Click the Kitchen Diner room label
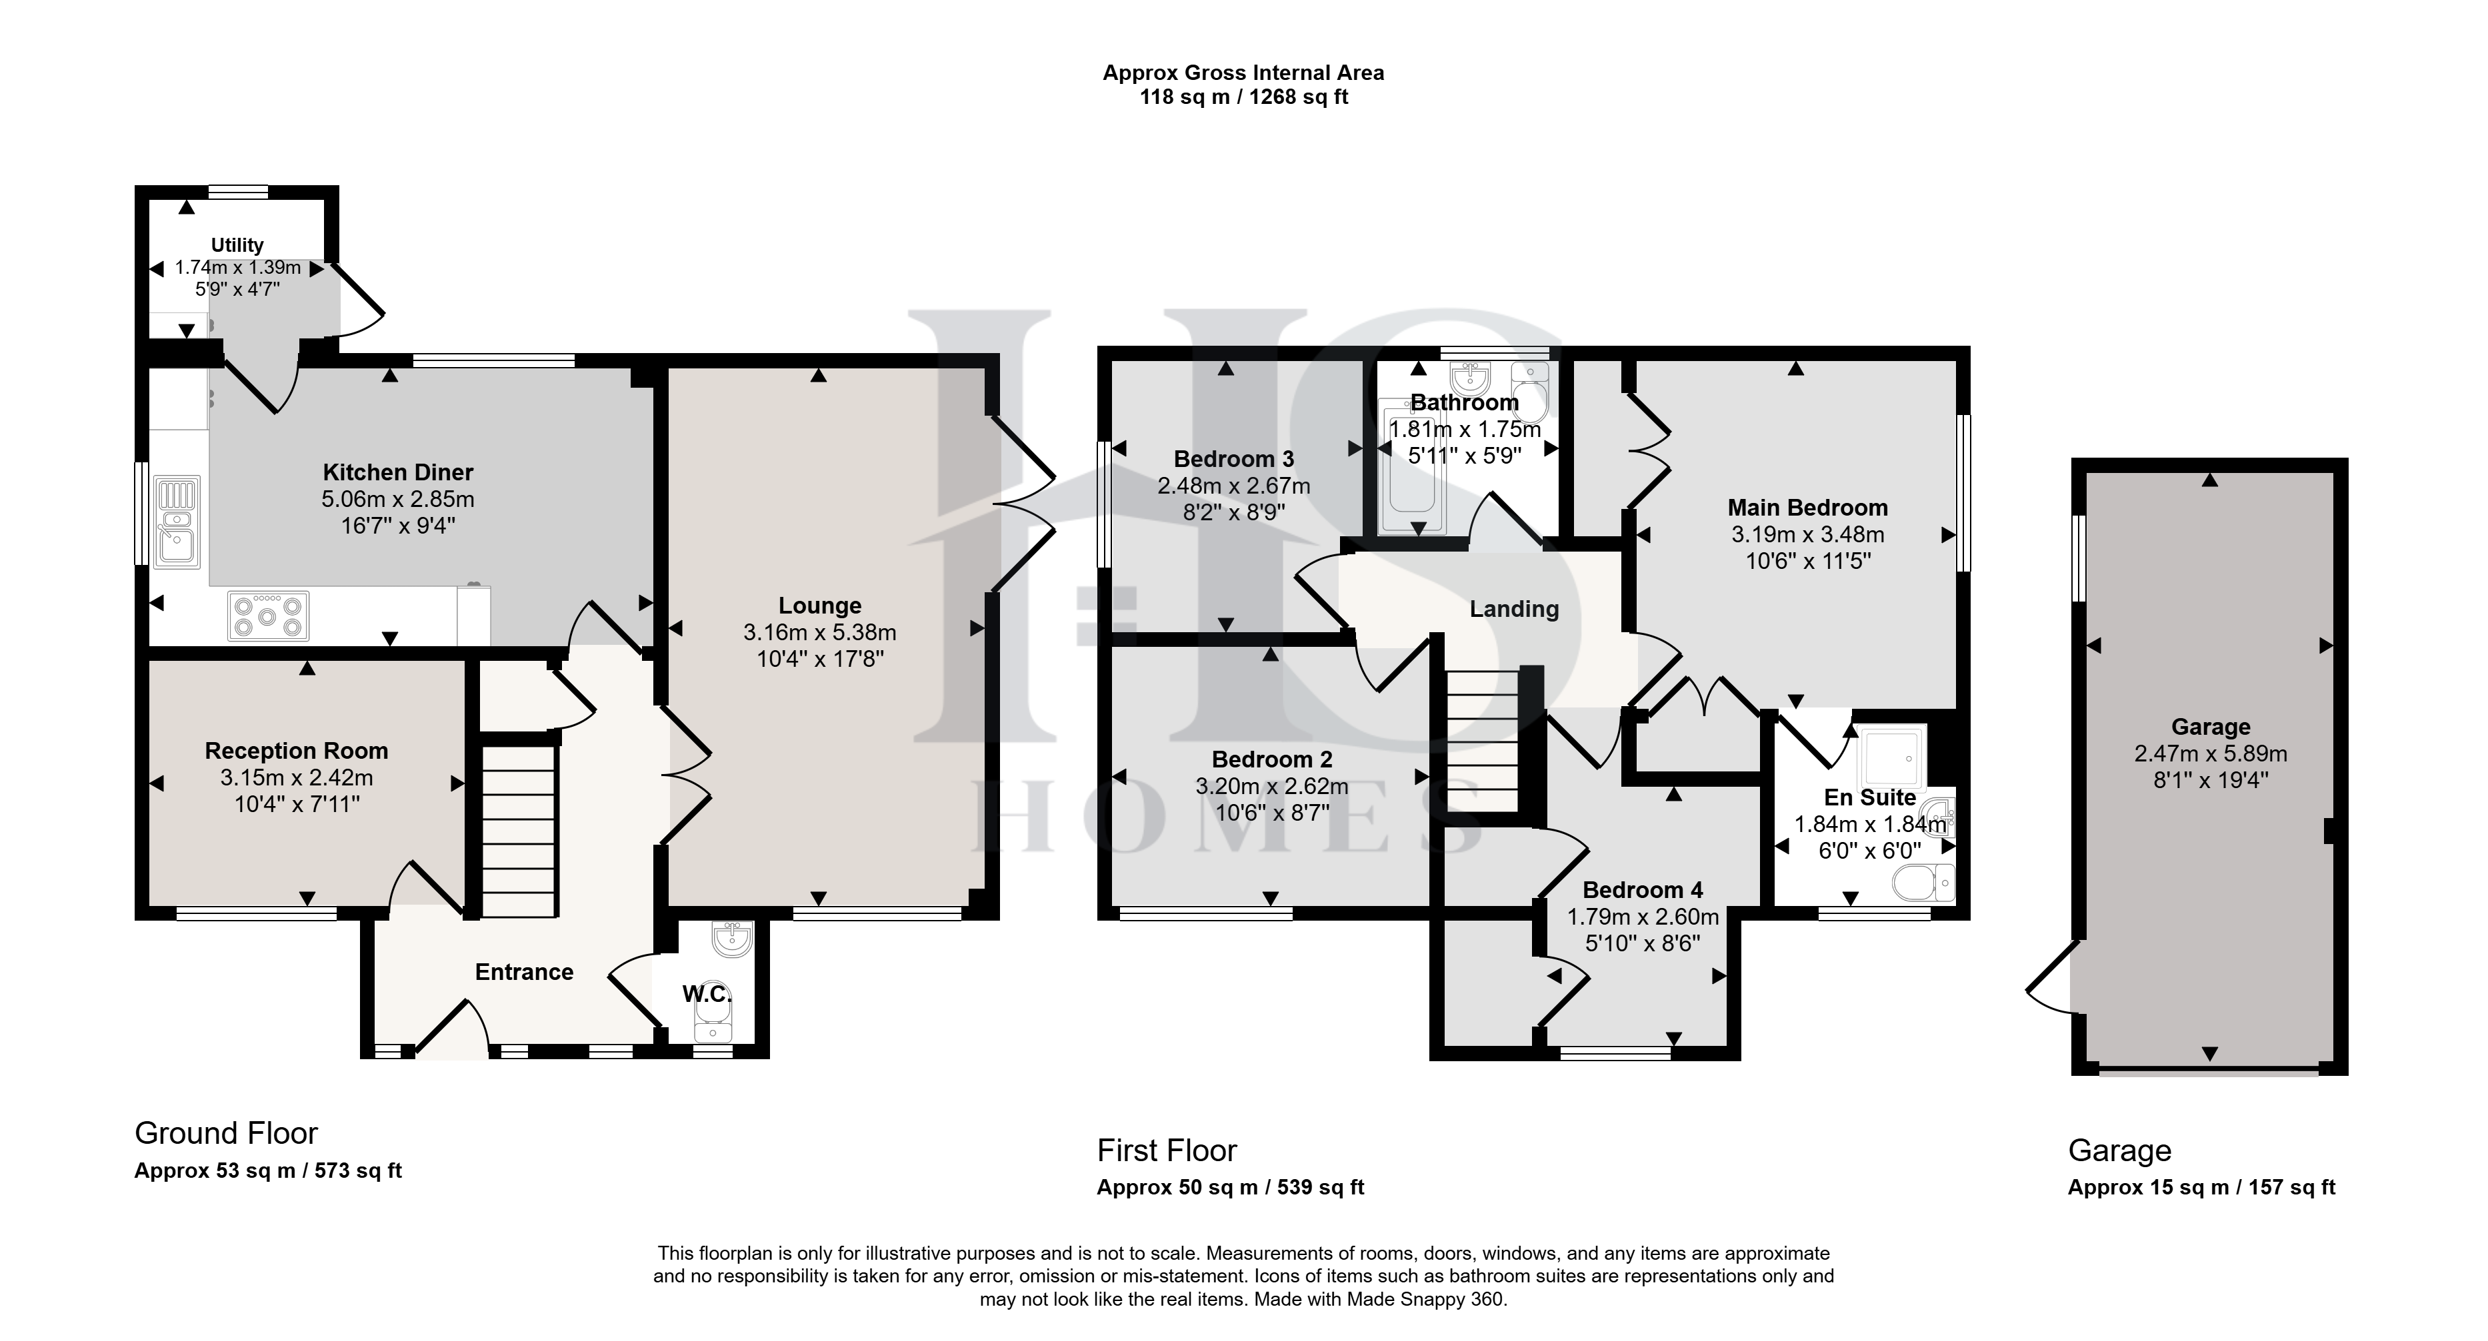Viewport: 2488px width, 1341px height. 398,472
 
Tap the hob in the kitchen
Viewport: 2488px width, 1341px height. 269,615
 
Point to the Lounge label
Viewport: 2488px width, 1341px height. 820,606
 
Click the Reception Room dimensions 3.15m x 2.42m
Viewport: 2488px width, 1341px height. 297,777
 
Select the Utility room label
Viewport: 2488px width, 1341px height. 237,245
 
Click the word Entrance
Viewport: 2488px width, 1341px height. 525,972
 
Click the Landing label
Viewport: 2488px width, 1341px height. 1515,609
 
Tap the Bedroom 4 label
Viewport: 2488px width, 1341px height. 1643,890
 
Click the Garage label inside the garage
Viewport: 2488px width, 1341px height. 2211,727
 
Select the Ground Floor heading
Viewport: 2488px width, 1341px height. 226,1132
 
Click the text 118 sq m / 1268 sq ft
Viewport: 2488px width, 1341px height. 1244,97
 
